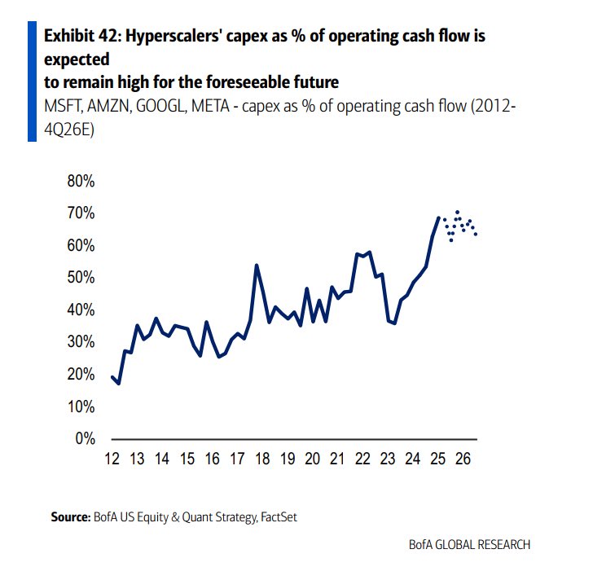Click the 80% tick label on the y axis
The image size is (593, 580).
80,182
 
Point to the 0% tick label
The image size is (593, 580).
85,439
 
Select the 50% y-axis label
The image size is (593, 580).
80,278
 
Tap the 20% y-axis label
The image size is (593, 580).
80,375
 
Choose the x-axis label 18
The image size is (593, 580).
262,459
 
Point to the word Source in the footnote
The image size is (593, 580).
69,516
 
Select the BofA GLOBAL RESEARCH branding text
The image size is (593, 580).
470,545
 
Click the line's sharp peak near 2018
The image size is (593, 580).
257,265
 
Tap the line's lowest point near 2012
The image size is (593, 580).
119,383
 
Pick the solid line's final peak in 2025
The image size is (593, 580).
439,217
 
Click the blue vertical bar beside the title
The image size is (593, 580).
32,82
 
